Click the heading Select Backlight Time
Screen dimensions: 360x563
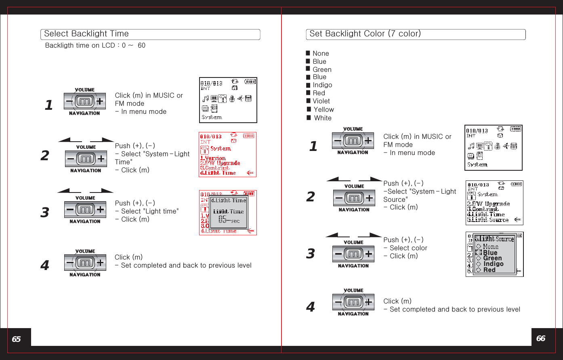click(86, 34)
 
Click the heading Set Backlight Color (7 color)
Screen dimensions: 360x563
click(365, 34)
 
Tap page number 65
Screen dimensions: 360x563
click(16, 339)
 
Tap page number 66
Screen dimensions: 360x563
click(541, 338)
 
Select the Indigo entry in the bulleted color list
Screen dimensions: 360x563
click(322, 85)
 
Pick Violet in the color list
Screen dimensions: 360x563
click(321, 101)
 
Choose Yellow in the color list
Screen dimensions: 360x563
click(324, 109)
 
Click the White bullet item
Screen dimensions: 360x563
click(323, 118)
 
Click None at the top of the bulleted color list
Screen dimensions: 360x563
click(321, 53)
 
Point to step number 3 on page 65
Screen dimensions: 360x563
click(45, 212)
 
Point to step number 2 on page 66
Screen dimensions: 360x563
click(310, 197)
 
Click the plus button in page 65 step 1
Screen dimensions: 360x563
click(99, 101)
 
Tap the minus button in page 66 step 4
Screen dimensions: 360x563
click(338, 302)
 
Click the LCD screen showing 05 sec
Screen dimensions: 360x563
click(228, 213)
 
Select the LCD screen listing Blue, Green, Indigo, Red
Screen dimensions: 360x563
click(494, 254)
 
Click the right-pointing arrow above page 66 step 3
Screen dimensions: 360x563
click(370, 235)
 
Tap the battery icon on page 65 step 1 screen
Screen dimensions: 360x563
click(250, 82)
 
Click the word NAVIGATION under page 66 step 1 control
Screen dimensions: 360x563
click(353, 153)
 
